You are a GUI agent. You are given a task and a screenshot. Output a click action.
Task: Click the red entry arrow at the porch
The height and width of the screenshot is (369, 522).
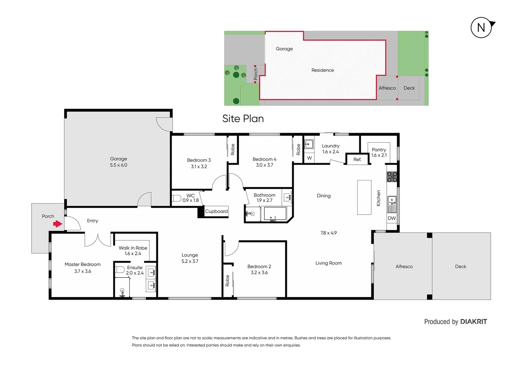coord(57,224)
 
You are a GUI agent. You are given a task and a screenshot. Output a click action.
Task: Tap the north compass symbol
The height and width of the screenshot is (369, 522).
coord(481,27)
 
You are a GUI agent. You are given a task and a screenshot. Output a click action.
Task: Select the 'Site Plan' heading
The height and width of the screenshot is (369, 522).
coord(243,119)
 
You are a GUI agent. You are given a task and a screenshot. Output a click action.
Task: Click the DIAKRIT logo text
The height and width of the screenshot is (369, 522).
coord(473,322)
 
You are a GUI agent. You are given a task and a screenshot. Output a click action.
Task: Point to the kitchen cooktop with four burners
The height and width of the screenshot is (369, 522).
coord(392,177)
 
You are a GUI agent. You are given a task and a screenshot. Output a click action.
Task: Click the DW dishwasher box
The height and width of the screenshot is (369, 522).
coord(391,218)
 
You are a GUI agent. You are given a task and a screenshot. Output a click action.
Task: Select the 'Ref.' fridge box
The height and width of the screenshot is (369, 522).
coord(357,160)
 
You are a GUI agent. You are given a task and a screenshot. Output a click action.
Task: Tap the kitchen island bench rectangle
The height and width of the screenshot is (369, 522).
coord(364,197)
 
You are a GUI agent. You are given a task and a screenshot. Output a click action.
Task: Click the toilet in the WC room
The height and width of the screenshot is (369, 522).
coord(176,198)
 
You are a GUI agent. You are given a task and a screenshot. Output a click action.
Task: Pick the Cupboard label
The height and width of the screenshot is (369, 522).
coord(216,211)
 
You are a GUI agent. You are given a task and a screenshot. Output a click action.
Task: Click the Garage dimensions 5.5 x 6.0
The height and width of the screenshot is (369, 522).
coord(119,165)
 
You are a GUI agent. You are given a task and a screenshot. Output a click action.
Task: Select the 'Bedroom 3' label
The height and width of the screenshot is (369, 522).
coord(199,160)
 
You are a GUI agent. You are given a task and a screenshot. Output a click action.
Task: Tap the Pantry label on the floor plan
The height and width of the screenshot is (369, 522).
coord(379,150)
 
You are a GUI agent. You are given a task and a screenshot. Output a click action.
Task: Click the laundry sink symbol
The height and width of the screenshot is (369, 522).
coord(309,144)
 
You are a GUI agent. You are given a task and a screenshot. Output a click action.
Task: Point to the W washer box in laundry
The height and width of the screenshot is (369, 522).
coord(309,158)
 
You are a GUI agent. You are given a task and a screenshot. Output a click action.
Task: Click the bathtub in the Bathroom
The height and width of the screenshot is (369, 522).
coord(275,214)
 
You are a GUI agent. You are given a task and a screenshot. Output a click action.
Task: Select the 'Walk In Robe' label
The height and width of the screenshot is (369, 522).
coord(133,248)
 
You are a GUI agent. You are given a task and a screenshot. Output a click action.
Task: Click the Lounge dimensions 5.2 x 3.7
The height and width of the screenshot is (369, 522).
coord(190,261)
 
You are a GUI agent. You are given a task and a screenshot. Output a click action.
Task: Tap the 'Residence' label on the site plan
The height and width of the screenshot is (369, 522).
coord(322,70)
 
